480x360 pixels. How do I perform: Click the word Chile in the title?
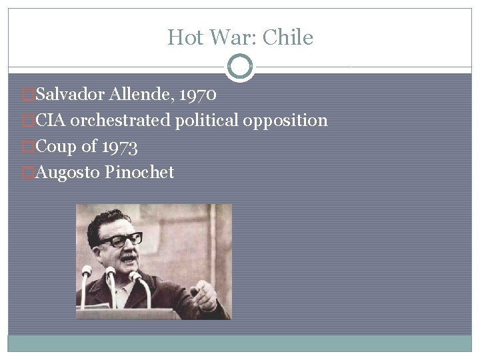point(288,37)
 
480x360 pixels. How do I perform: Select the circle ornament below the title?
point(240,67)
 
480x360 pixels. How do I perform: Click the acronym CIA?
point(51,121)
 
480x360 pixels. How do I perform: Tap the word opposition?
point(285,121)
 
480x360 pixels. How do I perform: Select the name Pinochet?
point(139,173)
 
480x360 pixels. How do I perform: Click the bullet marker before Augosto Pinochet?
point(27,173)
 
